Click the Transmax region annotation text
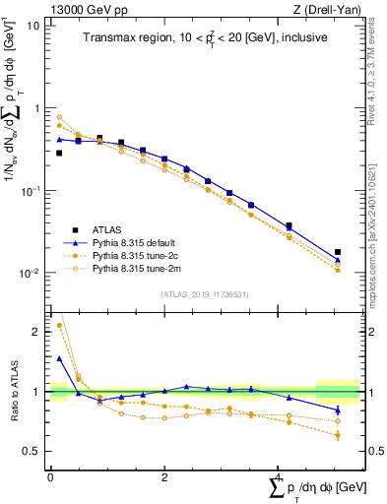point(204,38)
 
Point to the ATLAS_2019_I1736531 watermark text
point(204,293)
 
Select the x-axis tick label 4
point(277,475)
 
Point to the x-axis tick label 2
point(163,475)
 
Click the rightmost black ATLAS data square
point(338,252)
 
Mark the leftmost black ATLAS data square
point(59,153)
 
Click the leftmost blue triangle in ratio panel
point(59,358)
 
